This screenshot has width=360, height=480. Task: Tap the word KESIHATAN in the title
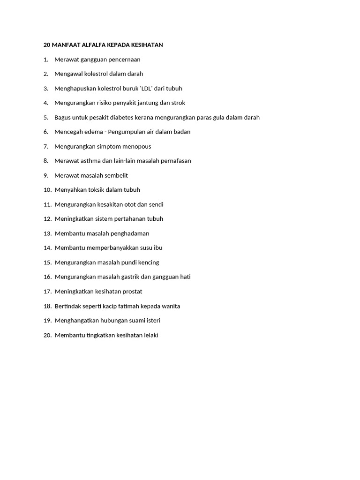click(147, 45)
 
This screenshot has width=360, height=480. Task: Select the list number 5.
click(46, 118)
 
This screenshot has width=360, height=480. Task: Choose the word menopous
click(136, 147)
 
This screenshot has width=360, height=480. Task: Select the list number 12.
click(47, 219)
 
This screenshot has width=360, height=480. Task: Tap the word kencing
click(147, 262)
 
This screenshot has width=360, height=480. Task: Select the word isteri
click(151, 321)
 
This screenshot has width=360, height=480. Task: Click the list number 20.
click(47, 336)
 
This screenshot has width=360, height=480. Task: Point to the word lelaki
click(149, 336)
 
